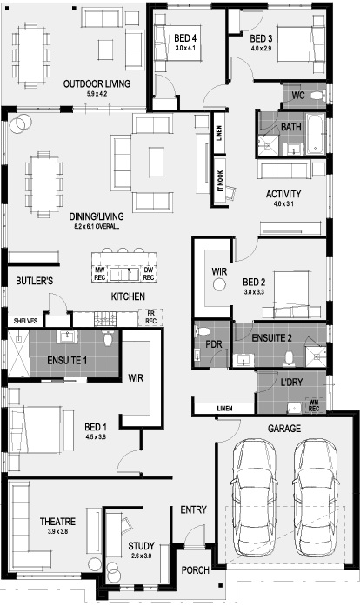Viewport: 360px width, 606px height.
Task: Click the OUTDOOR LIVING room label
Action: point(97,83)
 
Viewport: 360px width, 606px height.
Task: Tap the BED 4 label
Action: point(185,38)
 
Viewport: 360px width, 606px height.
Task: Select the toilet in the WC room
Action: point(318,95)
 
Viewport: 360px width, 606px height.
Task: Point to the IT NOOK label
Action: point(220,181)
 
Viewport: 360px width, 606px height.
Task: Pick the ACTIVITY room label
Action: point(283,194)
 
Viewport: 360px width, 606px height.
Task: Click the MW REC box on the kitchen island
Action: point(100,274)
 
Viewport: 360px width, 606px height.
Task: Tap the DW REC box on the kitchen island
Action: point(149,274)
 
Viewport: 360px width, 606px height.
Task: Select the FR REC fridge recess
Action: point(150,317)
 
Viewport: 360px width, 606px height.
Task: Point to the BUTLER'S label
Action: point(35,281)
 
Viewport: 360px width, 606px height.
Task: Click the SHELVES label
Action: point(25,321)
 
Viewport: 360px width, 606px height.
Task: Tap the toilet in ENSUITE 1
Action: point(109,337)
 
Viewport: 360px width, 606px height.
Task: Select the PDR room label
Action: point(213,344)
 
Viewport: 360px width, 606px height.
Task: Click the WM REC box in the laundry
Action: point(314,405)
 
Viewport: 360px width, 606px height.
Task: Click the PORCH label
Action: point(196,570)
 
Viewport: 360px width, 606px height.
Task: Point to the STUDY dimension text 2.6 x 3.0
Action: point(141,556)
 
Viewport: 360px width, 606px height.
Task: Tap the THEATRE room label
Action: point(57,522)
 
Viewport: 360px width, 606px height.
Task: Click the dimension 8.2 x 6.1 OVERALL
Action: point(97,226)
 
